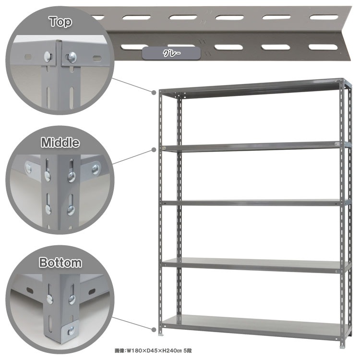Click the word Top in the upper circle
[60, 22]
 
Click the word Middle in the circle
[60, 143]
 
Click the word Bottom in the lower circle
[60, 263]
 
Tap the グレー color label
[171, 53]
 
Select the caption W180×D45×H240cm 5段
[153, 351]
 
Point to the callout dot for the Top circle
[154, 92]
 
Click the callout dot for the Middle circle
[154, 150]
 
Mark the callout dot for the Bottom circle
[154, 329]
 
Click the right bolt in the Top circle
[72, 58]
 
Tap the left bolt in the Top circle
[48, 57]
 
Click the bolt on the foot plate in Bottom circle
[71, 330]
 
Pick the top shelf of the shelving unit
[252, 88]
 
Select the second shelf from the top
[255, 146]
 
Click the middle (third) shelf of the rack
[255, 203]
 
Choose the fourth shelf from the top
[255, 265]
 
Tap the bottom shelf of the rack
[255, 325]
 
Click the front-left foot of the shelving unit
[161, 333]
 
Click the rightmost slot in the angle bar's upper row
[324, 17]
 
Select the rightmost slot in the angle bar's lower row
[323, 47]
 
